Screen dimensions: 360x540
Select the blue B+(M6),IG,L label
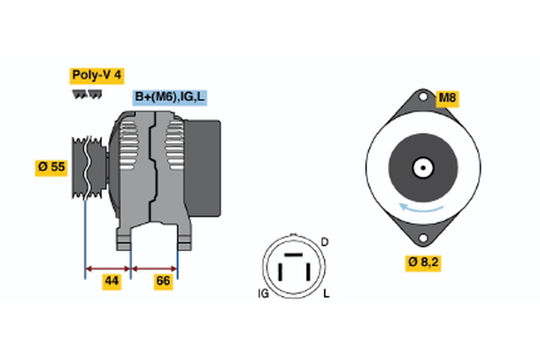point(169,97)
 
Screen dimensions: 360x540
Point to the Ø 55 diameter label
point(51,167)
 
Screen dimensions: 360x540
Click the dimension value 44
point(111,282)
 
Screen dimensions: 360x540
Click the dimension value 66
point(163,282)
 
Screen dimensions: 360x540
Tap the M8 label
point(447,97)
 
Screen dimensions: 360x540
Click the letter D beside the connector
point(325,243)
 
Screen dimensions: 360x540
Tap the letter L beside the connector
point(325,294)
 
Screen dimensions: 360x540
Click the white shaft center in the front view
point(420,168)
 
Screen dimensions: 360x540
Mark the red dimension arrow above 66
point(154,267)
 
